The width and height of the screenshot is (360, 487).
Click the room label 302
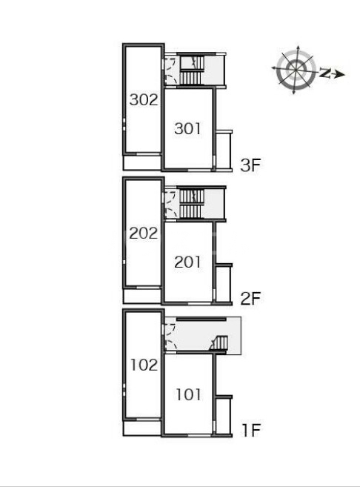[x=144, y=100]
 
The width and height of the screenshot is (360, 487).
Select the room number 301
[x=187, y=128]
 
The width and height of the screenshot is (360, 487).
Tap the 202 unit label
[x=144, y=233]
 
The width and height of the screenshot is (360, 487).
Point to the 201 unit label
[x=187, y=262]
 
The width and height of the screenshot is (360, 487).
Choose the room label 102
[x=144, y=365]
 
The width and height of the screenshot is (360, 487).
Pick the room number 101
[x=189, y=394]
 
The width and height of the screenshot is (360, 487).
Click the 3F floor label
[x=250, y=165]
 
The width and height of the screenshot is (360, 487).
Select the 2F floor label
[x=250, y=299]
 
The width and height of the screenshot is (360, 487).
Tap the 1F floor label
[x=251, y=430]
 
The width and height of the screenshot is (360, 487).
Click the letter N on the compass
[x=324, y=73]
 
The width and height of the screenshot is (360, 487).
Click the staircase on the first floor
[x=220, y=343]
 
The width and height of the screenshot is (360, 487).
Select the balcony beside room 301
[x=224, y=150]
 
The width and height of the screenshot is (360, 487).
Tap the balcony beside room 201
[x=224, y=283]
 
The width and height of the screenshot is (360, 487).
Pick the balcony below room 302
[x=142, y=162]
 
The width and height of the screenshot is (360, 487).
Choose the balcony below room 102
[x=142, y=428]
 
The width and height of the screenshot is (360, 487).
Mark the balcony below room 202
[x=142, y=296]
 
